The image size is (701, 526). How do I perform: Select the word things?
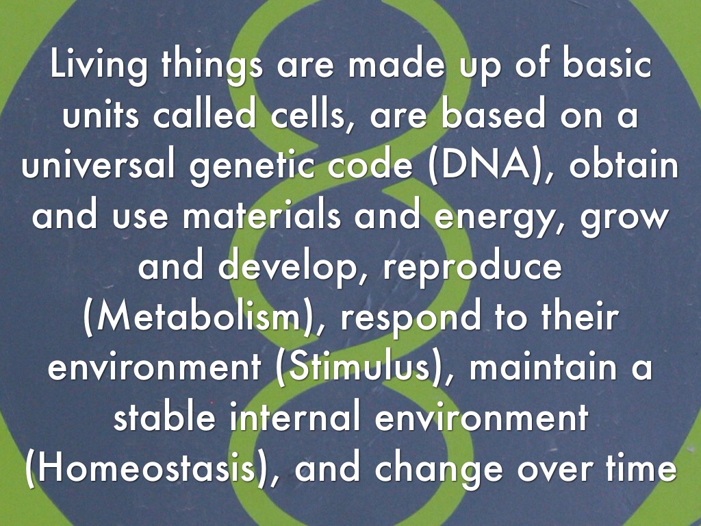point(212,66)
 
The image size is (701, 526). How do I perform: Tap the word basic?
point(606,64)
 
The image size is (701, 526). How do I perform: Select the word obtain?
point(624,165)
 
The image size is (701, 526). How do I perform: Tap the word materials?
point(261,215)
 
